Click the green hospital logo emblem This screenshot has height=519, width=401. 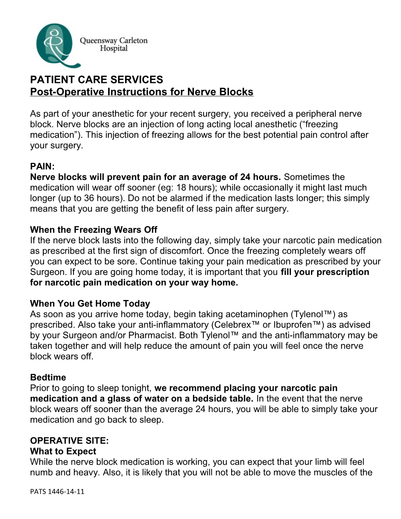55,44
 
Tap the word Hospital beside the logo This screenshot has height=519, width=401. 114,48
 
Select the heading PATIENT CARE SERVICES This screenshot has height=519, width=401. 96,80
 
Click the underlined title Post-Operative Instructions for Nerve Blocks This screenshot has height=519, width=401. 142,92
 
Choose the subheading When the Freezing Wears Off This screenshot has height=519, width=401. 94,230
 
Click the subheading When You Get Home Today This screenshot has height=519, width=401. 90,304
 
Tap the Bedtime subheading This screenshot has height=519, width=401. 48,377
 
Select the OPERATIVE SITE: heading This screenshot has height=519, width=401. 69,441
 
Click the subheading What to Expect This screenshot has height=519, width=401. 63,451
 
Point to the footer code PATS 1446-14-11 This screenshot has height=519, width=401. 57,491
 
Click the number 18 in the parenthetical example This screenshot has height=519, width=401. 181,188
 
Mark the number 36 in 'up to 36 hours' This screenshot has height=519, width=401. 89,198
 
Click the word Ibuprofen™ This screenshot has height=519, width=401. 297,325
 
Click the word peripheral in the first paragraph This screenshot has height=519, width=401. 313,114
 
